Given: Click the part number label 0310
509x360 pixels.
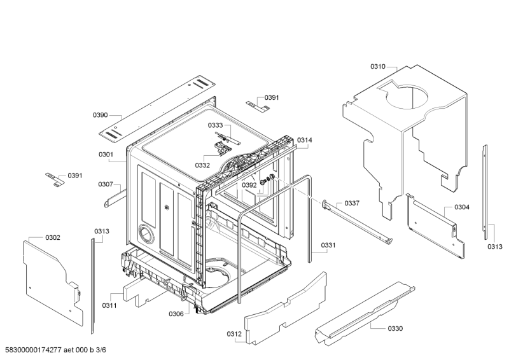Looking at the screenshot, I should pos(378,66).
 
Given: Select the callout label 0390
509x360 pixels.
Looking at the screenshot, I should pos(101,115).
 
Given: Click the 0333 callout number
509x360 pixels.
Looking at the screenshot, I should pos(214,126).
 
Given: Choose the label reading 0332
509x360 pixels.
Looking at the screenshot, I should pos(202,165).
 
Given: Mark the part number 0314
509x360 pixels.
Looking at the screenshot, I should pos(305,140).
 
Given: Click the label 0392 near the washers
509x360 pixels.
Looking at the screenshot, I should pos(249,185).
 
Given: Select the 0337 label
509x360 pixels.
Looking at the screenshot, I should pos(352,203).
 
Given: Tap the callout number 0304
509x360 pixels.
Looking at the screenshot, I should pos(462,207).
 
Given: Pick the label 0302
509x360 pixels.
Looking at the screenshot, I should pos(53,237).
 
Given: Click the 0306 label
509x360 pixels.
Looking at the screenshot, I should pos(176,314).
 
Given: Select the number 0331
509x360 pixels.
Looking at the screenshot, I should pos(328,245).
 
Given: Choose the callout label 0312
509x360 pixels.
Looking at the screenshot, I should pos(234,334).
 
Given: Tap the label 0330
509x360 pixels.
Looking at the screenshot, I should pos(395,328).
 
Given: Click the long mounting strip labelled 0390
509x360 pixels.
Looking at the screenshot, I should pos(159,106).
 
